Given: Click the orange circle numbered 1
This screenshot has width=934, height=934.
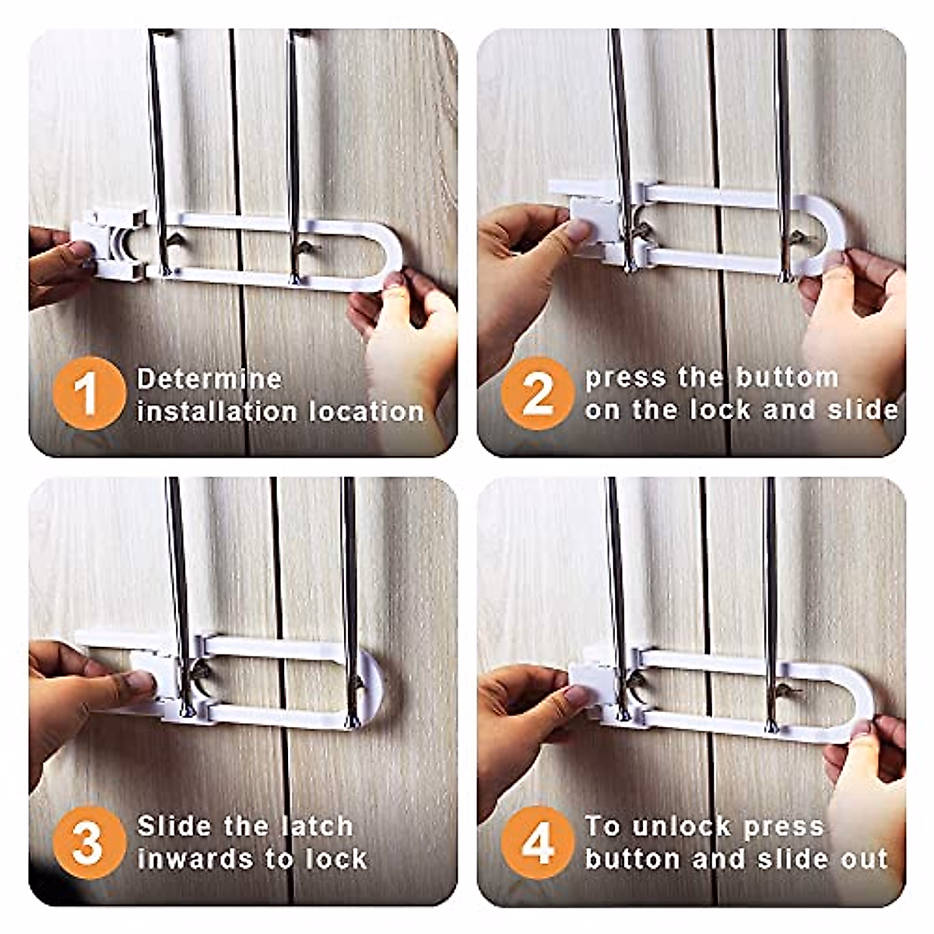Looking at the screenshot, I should [89, 393].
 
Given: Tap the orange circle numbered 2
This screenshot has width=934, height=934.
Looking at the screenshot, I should [537, 393].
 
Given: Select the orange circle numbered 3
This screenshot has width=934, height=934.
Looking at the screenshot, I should [89, 842].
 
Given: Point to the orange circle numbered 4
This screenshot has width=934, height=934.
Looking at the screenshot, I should [537, 842].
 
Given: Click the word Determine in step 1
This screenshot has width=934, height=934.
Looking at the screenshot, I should [209, 379].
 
